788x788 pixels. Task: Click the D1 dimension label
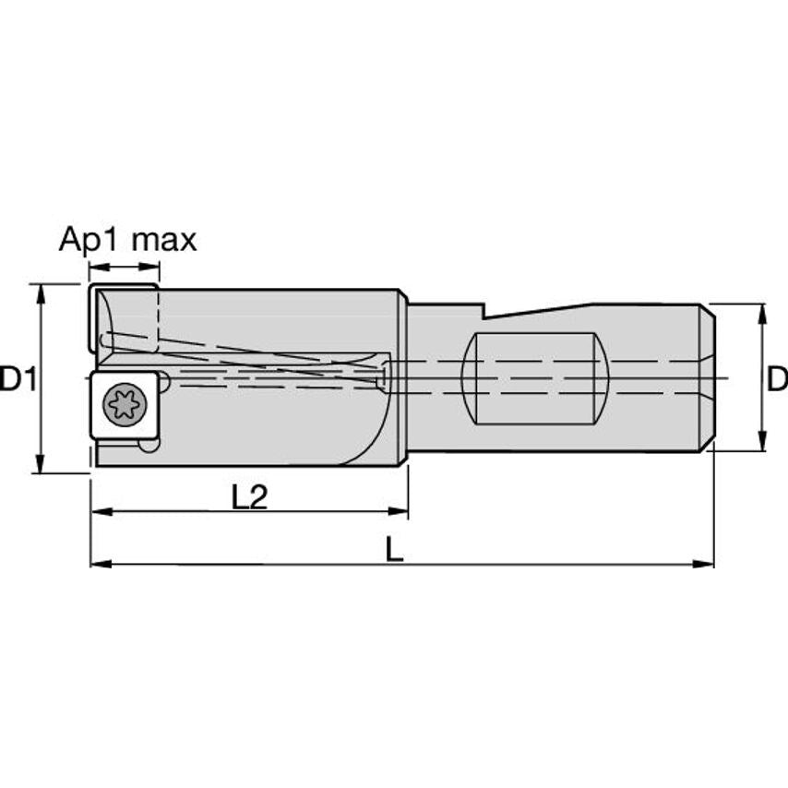(x=18, y=378)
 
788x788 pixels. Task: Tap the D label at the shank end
(x=777, y=378)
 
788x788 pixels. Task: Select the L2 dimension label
(x=248, y=497)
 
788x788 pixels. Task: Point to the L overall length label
(x=394, y=551)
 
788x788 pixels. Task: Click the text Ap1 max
(x=127, y=241)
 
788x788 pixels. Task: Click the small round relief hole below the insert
(x=148, y=445)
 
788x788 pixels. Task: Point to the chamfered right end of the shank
(x=707, y=378)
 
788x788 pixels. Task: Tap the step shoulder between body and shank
(x=405, y=378)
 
